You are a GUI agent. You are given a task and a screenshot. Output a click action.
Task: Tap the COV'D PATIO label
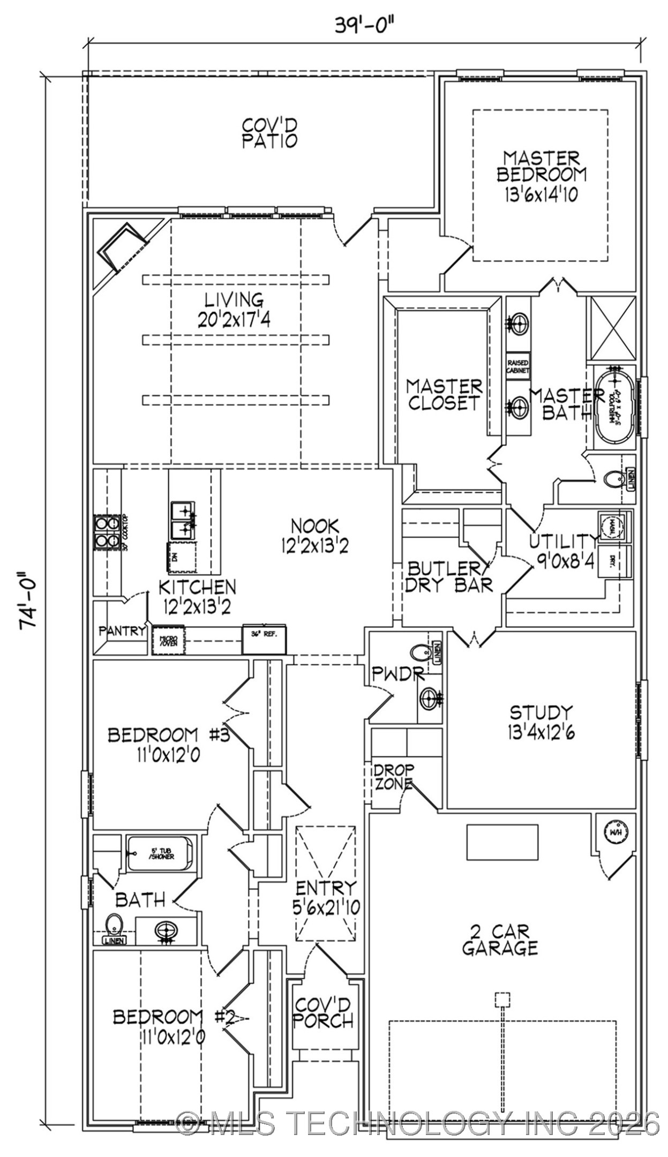point(269,133)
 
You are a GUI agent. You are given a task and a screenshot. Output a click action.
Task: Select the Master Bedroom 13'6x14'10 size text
point(541,194)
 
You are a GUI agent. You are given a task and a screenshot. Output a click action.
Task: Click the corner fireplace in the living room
point(123,249)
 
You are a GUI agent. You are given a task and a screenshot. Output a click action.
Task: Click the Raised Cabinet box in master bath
point(518,366)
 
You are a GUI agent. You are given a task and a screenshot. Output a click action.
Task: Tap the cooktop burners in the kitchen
point(106,532)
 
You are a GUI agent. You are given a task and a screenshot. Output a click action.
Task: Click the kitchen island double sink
point(183,520)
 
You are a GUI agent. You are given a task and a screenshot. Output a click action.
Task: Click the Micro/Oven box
point(168,640)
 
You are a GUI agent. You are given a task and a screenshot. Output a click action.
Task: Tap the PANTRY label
point(122,631)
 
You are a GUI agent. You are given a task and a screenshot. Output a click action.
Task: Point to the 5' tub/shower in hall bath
point(160,853)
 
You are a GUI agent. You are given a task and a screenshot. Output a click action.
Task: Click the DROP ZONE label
point(394,777)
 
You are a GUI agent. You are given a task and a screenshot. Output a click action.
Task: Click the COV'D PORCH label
point(323,1012)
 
